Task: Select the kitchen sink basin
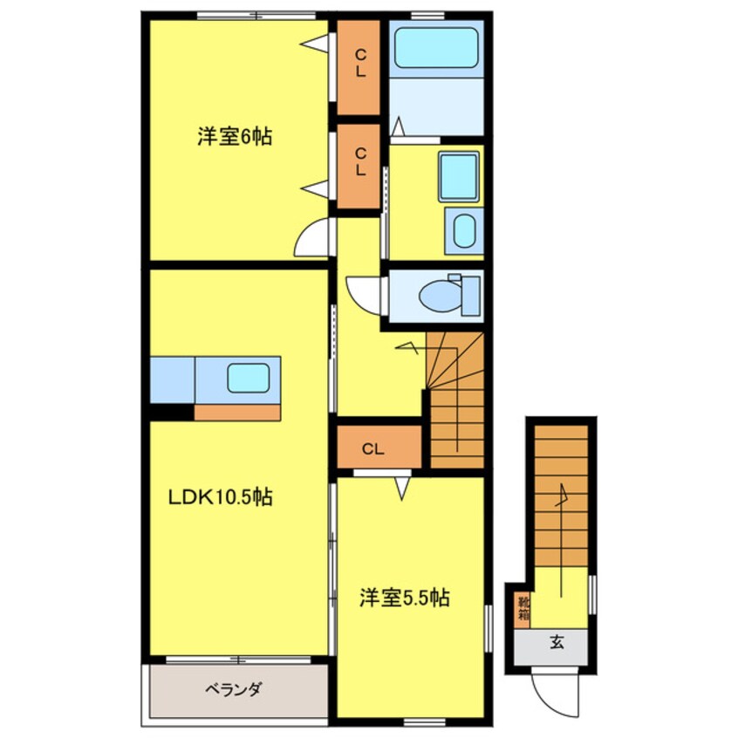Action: pyautogui.click(x=249, y=378)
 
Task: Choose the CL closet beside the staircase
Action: pyautogui.click(x=373, y=450)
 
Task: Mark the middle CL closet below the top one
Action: pyautogui.click(x=359, y=163)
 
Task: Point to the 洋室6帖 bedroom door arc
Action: pyautogui.click(x=314, y=239)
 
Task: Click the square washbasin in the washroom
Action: pyautogui.click(x=458, y=173)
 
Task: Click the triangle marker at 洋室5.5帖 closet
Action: pyautogui.click(x=402, y=489)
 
